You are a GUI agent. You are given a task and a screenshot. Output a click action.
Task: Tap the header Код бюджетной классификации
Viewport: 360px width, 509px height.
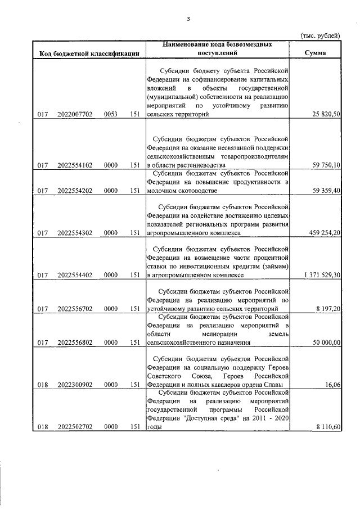(x=89, y=54)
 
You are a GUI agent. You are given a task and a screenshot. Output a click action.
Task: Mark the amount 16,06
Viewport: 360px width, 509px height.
(x=332, y=385)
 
